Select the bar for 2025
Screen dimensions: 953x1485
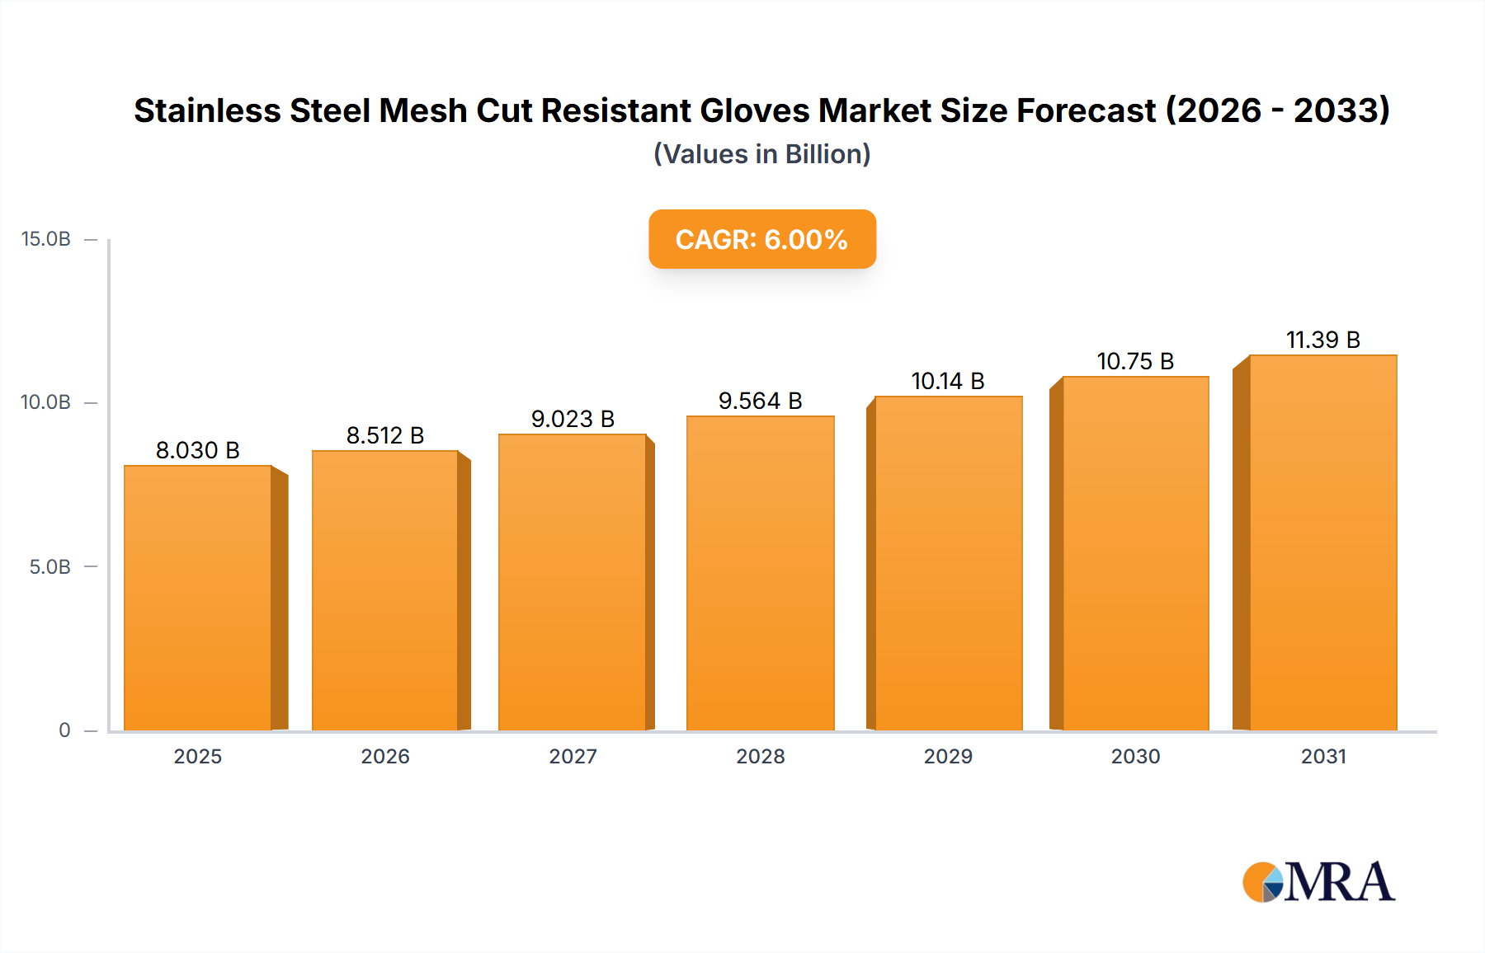(198, 598)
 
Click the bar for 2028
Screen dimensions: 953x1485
(760, 573)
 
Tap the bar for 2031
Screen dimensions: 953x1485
(1322, 542)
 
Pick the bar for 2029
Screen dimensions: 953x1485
(948, 563)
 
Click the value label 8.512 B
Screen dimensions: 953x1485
(385, 435)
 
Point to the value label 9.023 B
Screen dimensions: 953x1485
(573, 419)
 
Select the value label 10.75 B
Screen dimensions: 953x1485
(1135, 361)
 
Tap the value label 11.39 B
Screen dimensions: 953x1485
(1322, 340)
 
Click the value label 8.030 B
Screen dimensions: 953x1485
(198, 450)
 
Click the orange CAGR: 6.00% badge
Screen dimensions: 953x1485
(761, 239)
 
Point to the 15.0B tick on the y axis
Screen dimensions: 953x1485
(46, 239)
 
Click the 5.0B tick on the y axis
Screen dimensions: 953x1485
(50, 567)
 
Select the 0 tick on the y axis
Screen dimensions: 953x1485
(64, 730)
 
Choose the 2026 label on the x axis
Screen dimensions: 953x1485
(385, 757)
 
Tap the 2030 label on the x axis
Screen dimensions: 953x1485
(1135, 757)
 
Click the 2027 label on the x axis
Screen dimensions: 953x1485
(573, 757)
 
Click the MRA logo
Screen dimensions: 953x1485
(1318, 882)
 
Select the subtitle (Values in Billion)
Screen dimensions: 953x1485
(761, 154)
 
